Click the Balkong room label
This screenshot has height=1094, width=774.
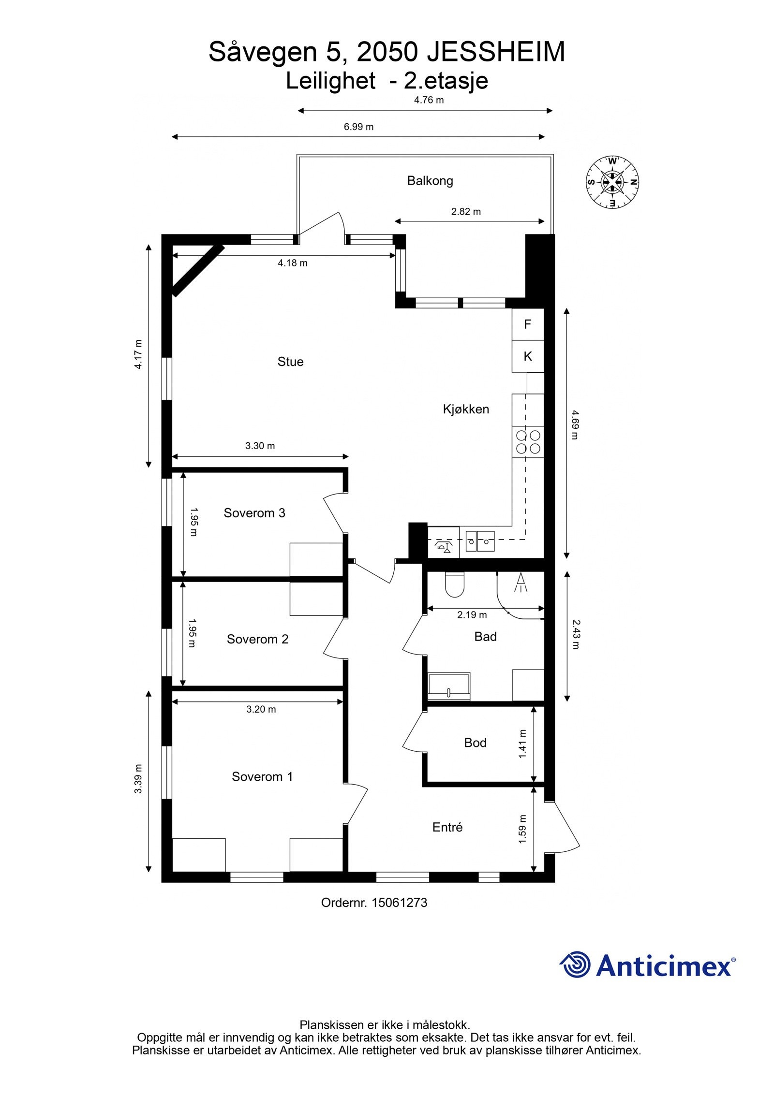pyautogui.click(x=430, y=181)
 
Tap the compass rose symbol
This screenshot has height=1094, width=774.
pyautogui.click(x=612, y=182)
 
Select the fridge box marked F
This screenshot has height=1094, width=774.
pyautogui.click(x=527, y=324)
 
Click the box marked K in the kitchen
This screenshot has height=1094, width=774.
pyautogui.click(x=527, y=356)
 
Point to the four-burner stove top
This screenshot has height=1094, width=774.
pyautogui.click(x=528, y=441)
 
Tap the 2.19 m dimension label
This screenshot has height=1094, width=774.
pyautogui.click(x=472, y=615)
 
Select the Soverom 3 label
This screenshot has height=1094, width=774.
pyautogui.click(x=254, y=513)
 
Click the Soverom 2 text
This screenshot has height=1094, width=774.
pyautogui.click(x=257, y=639)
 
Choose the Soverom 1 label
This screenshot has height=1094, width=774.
pyautogui.click(x=262, y=776)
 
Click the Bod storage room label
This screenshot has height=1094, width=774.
pyautogui.click(x=475, y=743)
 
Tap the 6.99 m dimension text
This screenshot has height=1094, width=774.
pyautogui.click(x=358, y=127)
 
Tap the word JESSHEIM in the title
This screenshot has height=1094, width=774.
pyautogui.click(x=496, y=52)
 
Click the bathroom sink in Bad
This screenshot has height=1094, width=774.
pyautogui.click(x=448, y=686)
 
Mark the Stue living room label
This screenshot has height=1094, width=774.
pyautogui.click(x=290, y=362)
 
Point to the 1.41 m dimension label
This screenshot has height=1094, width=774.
pyautogui.click(x=522, y=744)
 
